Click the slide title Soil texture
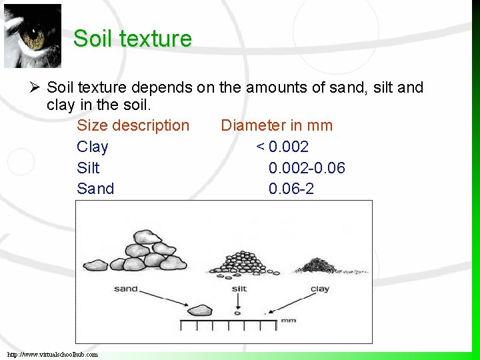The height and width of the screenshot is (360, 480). coord(132,38)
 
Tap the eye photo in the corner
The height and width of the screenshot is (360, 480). coord(32,36)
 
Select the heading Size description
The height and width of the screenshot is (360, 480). coord(133,125)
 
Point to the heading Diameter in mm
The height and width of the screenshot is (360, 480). coord(276,125)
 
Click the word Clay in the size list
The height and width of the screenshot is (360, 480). coord(92,147)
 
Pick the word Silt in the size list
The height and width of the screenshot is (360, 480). coord(88,168)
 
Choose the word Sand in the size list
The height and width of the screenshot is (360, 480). coord(95,189)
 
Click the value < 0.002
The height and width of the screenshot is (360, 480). coord(282,147)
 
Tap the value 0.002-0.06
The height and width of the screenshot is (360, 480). coord(307,168)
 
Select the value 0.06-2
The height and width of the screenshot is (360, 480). coord(291,189)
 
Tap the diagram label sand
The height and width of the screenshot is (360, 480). coord(125,289)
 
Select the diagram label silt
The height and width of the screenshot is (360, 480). coord(239,289)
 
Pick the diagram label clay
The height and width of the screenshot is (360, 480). coord(319,289)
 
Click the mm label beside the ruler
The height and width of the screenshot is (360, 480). coord(288,320)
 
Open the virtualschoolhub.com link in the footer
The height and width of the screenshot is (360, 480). coord(53,354)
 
